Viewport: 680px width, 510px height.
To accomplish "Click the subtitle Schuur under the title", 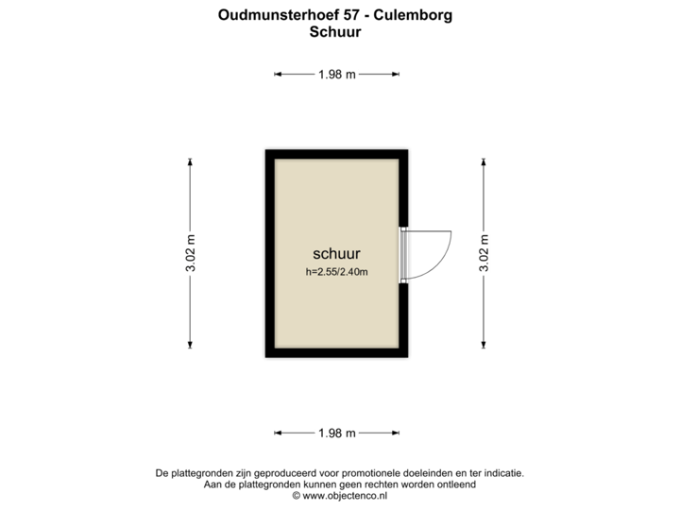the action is click(x=335, y=31).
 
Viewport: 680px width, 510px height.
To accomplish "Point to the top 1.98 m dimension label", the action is click(x=337, y=75).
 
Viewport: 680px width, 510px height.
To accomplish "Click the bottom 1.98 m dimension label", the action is click(x=337, y=433).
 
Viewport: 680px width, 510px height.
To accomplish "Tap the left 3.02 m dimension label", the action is click(x=191, y=253).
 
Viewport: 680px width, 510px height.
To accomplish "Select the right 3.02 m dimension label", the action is click(x=484, y=253).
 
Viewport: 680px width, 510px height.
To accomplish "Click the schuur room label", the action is click(x=337, y=254).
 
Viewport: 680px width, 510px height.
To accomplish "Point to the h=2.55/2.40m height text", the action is click(x=336, y=272).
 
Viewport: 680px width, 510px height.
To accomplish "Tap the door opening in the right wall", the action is click(x=404, y=254).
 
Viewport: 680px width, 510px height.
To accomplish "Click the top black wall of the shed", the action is click(x=336, y=152).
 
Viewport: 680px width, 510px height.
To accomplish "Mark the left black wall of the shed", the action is click(x=268, y=253).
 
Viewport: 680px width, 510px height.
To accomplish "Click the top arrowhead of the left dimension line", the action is click(x=191, y=161).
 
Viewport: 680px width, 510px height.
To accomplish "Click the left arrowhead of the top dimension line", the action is click(x=279, y=75).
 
